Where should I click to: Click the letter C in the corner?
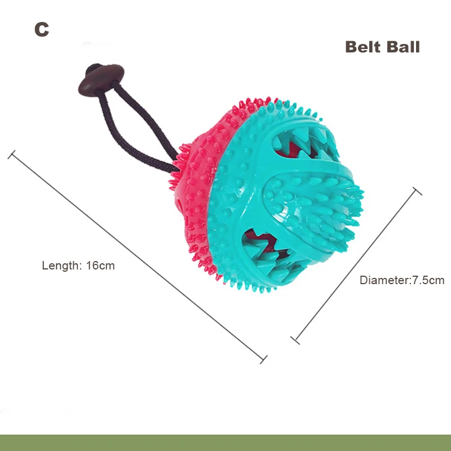41,29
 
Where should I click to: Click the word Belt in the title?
364,47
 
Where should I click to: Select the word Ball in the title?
402,47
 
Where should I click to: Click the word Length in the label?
61,266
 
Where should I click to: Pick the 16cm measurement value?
100,266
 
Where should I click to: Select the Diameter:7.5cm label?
402,280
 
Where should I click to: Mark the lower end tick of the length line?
263,358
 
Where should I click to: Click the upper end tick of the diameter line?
417,191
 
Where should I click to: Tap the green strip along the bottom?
225,443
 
